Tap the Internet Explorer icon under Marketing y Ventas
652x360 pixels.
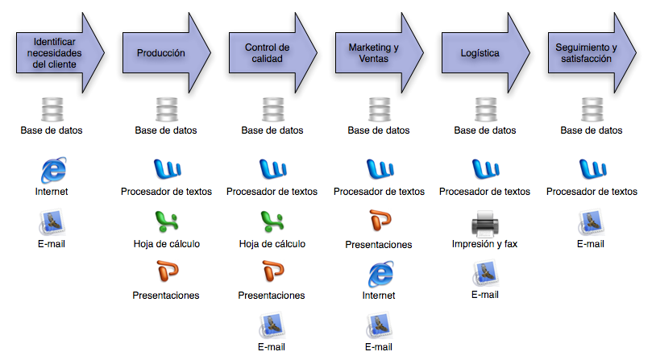378,275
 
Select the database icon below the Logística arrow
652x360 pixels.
484,110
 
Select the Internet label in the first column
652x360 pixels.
52,192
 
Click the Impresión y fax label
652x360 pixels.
484,243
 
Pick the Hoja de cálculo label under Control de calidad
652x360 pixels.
272,243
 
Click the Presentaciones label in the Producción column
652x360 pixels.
166,295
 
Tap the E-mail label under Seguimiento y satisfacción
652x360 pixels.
591,243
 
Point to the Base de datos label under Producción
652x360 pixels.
166,130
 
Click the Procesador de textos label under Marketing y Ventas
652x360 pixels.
378,192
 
